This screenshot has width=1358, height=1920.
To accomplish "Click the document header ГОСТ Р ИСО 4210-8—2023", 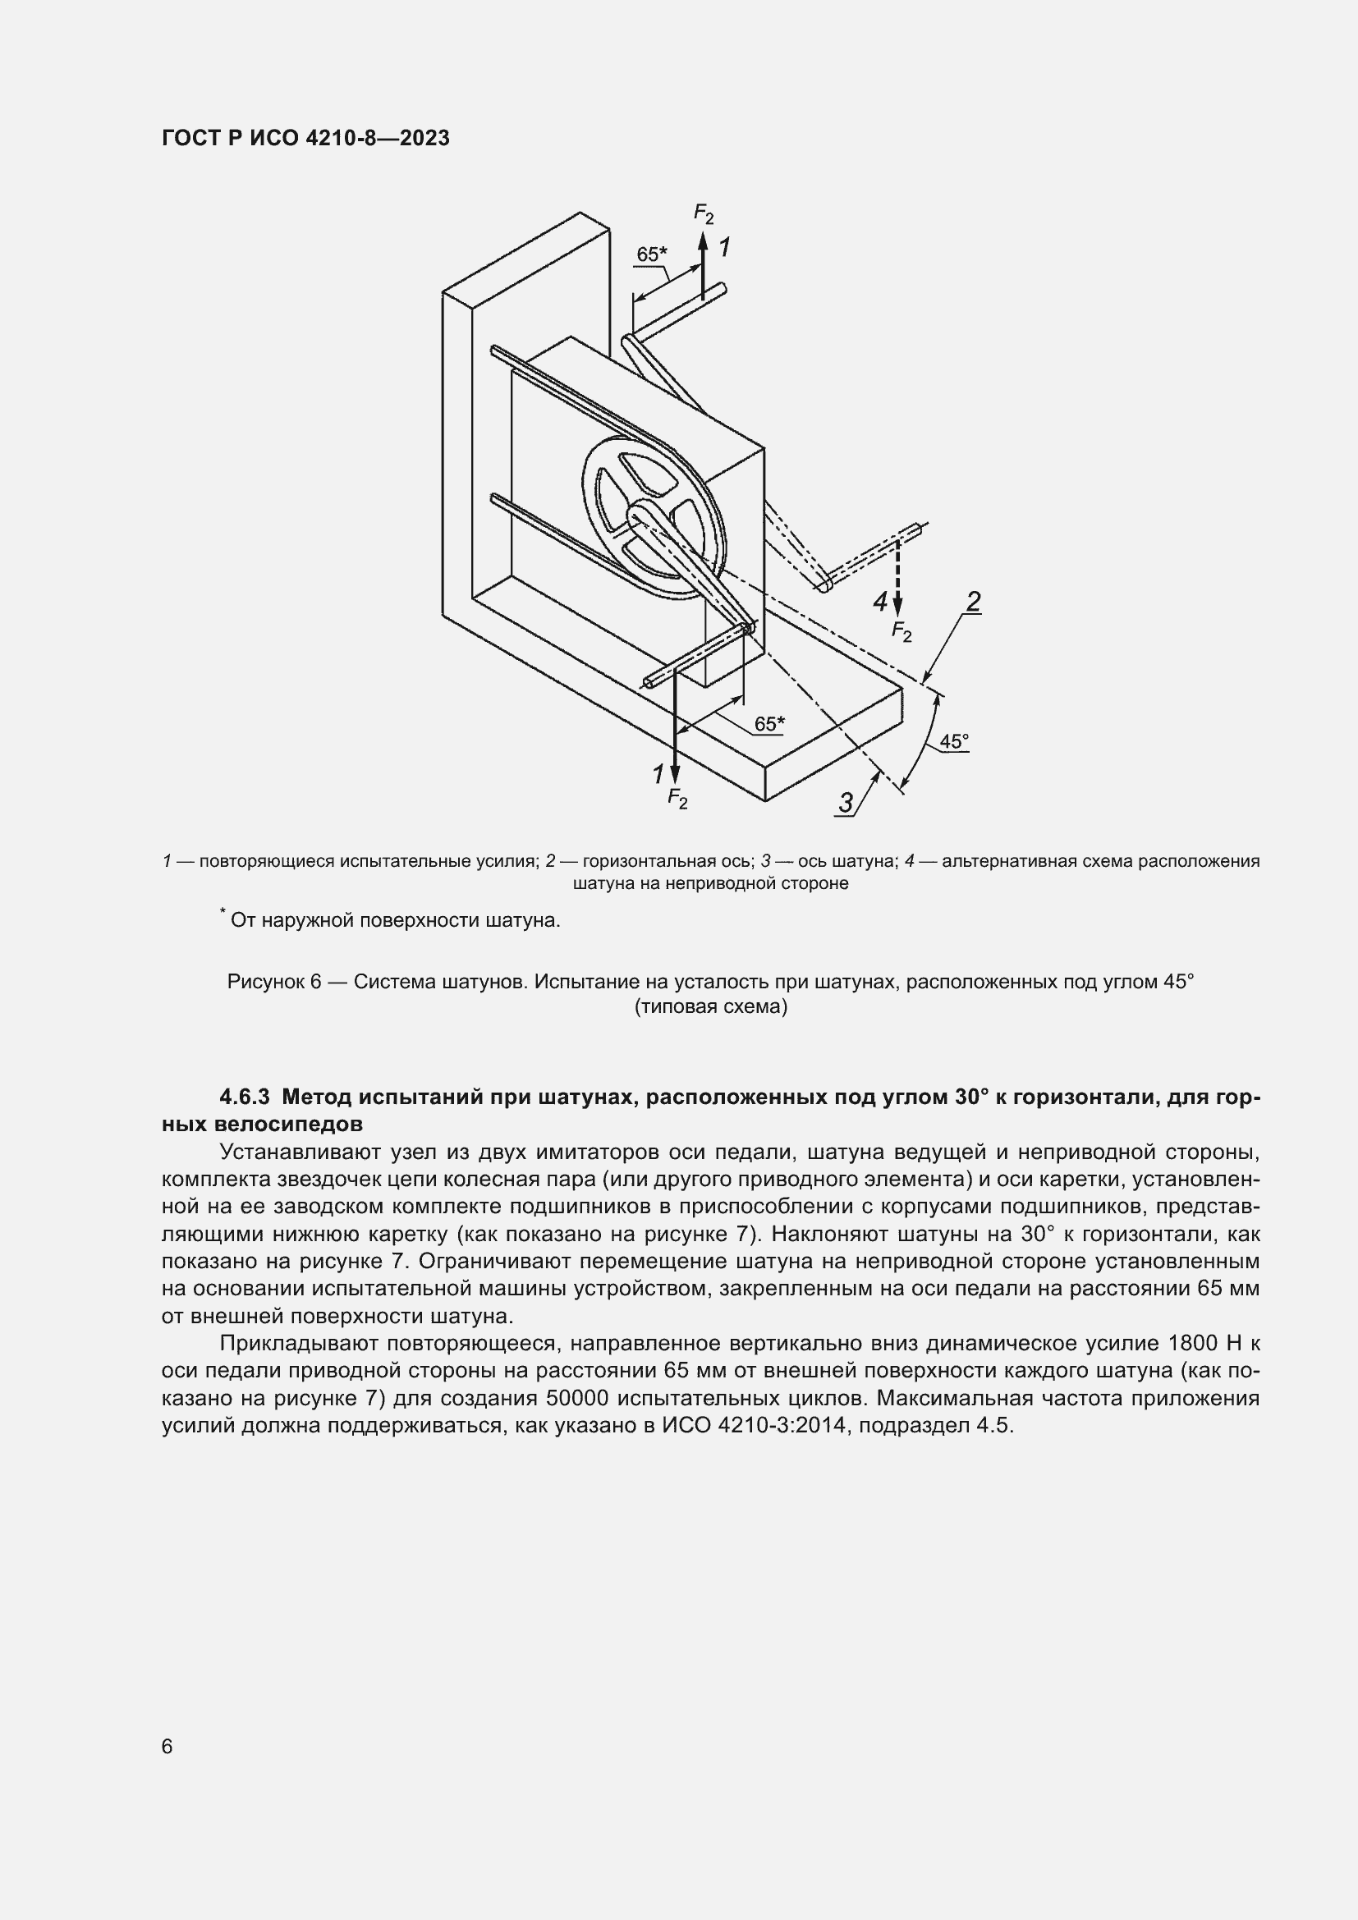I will tap(305, 138).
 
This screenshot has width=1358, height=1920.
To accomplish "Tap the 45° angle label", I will tap(953, 741).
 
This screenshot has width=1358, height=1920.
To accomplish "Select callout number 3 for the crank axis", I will tap(846, 803).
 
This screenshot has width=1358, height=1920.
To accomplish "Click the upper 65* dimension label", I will tap(651, 254).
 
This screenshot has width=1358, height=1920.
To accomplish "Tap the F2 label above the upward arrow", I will tap(704, 213).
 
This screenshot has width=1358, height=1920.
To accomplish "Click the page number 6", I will tap(167, 1746).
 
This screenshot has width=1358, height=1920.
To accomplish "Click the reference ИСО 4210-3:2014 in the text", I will tap(757, 1426).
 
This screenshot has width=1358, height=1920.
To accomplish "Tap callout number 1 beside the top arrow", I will tap(724, 248).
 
